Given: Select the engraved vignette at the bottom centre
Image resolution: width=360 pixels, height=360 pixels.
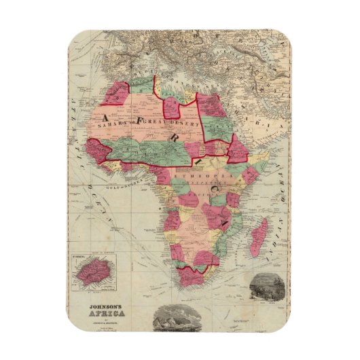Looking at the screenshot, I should tap(175, 318).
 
